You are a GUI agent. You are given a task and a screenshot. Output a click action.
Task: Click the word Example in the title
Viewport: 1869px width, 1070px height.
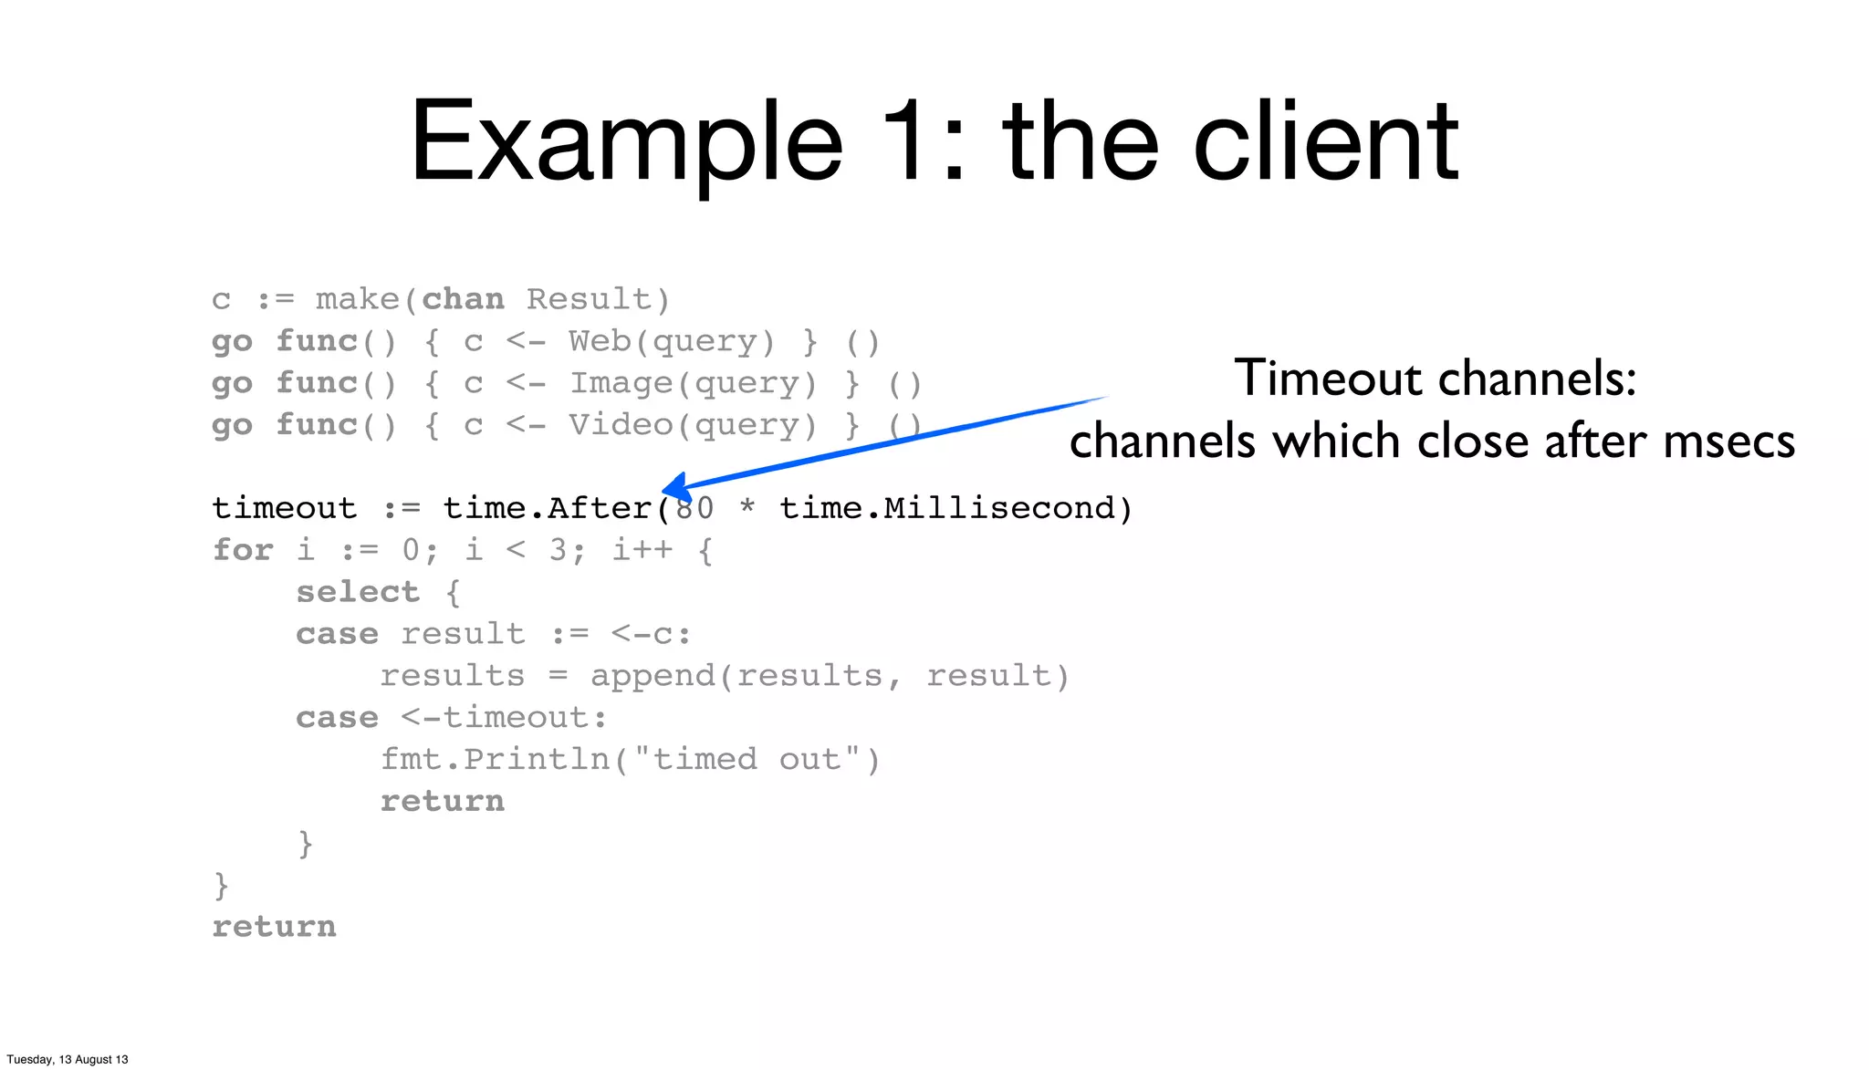coord(626,143)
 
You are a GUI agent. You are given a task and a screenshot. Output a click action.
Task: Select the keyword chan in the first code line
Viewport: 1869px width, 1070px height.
coord(463,299)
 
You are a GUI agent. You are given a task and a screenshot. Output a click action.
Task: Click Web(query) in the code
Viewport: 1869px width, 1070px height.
coord(671,342)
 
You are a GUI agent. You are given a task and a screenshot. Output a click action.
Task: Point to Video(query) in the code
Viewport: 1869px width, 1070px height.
coord(692,426)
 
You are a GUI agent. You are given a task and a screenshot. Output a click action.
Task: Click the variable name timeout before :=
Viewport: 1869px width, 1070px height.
coord(284,508)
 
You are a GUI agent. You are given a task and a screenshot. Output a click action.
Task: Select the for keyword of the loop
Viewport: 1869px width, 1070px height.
coord(243,550)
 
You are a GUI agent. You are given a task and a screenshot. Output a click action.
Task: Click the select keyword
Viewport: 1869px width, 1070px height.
coord(358,592)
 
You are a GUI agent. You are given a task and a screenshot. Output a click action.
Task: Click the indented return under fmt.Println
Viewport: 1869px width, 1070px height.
coord(443,802)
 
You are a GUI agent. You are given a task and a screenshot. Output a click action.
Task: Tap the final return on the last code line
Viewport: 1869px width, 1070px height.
coord(274,927)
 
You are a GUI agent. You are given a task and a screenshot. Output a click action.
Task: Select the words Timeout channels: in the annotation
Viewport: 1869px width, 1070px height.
coord(1435,378)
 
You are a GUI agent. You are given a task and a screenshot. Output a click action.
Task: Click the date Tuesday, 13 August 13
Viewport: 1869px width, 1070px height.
coord(68,1059)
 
